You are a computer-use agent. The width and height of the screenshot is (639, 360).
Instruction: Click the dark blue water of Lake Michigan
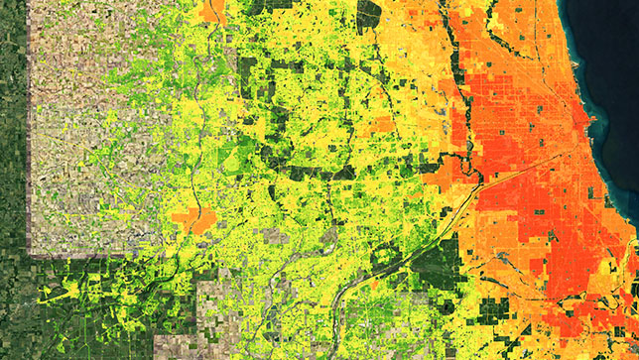coord(610,60)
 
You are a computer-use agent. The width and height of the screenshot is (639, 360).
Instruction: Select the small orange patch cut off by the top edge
coord(211,10)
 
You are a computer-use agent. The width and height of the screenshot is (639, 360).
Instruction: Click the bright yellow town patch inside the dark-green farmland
coord(69,293)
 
